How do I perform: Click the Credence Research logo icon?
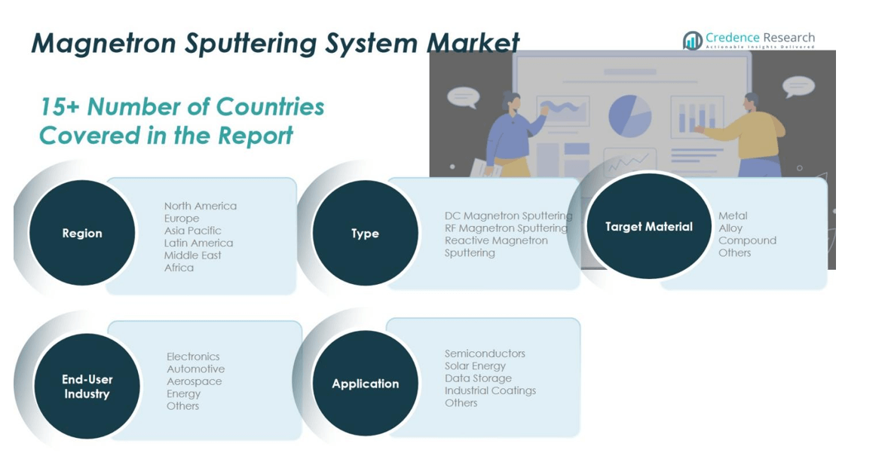click(692, 41)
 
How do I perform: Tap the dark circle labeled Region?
click(81, 233)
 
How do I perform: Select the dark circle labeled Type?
click(365, 234)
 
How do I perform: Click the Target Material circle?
click(648, 226)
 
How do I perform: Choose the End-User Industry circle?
click(87, 386)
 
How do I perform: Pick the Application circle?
click(365, 383)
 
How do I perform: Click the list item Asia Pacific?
click(193, 231)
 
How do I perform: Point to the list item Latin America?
click(198, 243)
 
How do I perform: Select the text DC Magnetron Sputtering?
click(508, 216)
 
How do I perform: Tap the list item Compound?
click(747, 240)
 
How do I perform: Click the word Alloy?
click(730, 228)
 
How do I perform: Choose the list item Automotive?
click(195, 369)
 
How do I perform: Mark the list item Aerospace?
click(194, 381)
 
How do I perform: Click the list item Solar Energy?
click(475, 366)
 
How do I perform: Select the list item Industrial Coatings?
click(490, 390)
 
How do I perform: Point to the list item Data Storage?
click(478, 378)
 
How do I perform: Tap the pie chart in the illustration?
click(629, 116)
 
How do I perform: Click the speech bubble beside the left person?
click(462, 96)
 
